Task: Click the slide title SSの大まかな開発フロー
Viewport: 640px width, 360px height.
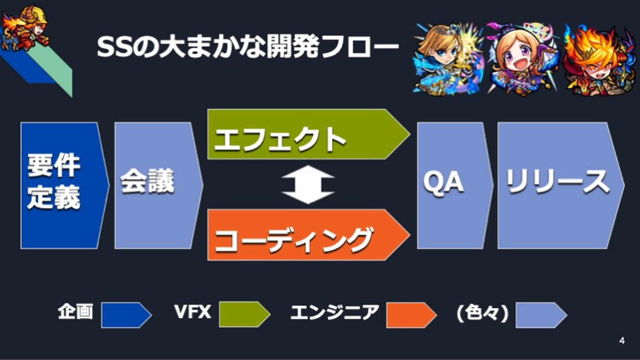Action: tap(248, 47)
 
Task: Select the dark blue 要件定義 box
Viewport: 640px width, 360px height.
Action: tap(65, 186)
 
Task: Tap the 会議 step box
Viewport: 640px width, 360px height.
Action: tap(159, 186)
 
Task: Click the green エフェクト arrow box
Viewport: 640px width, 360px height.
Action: tap(309, 134)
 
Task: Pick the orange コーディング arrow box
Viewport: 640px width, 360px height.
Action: tap(309, 235)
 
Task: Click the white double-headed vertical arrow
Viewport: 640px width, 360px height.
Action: tap(308, 184)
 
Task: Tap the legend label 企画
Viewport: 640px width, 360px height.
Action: tap(76, 312)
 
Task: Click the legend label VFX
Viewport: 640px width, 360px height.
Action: tap(193, 312)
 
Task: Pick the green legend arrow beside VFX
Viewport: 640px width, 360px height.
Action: tap(244, 315)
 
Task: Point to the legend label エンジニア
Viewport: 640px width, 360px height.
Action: tap(335, 312)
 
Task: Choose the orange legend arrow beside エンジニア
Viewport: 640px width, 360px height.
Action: tap(412, 315)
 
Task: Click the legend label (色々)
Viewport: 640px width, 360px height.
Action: tap(483, 313)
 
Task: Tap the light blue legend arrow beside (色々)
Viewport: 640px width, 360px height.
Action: tap(541, 315)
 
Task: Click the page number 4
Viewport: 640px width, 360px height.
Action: tap(622, 341)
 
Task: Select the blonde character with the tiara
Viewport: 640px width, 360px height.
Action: tap(448, 59)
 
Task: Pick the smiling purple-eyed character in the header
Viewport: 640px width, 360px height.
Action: tap(523, 59)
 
